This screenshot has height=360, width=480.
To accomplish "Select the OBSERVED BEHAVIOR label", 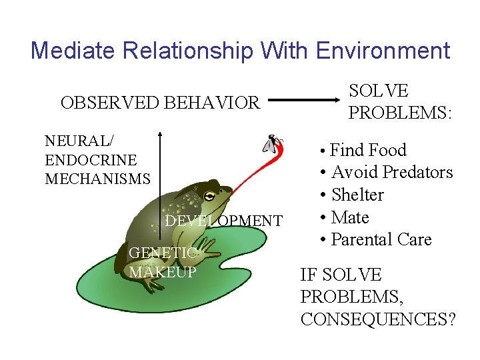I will point(159,103).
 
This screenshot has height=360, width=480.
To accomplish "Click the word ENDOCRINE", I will point(91,160).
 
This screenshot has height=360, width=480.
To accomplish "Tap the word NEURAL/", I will point(79,141).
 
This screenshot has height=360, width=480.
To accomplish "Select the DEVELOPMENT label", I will point(223,221).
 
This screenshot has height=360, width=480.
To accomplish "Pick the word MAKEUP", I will point(163,272).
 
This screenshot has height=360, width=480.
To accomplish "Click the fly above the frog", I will point(273,144).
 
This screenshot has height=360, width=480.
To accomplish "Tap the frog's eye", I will point(210,196).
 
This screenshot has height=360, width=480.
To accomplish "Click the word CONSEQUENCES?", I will point(378,319).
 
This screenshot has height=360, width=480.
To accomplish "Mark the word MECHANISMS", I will point(97,179).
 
